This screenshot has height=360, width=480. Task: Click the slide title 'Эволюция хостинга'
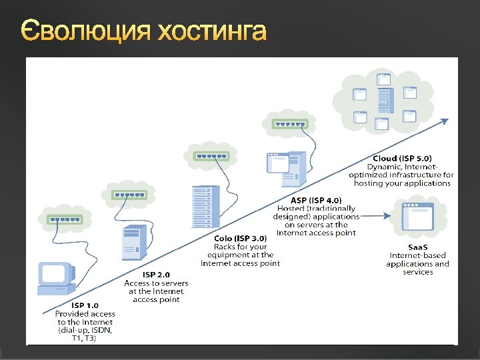[x=144, y=31]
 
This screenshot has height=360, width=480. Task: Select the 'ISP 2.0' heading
[x=156, y=275]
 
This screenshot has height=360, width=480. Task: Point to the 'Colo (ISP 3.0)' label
[x=240, y=238]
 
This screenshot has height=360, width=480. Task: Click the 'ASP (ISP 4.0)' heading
[x=316, y=201]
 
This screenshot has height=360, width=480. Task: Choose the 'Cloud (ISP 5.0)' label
[x=402, y=159]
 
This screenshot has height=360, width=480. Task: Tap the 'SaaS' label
[x=417, y=246]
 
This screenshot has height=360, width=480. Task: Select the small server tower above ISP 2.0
[x=133, y=243]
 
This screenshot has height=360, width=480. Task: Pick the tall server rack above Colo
[x=205, y=207]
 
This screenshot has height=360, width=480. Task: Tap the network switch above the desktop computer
[x=64, y=218]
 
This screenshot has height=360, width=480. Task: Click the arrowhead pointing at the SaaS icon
[x=387, y=215]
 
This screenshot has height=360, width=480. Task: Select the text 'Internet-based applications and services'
[x=417, y=263]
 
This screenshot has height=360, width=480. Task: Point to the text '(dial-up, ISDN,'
[x=85, y=330]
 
